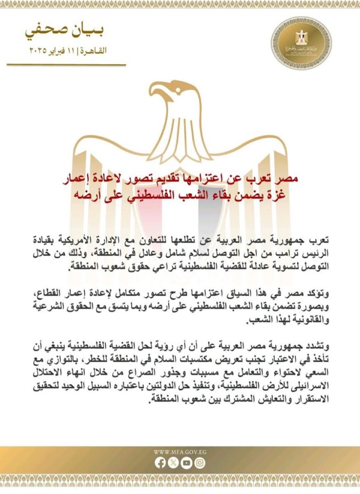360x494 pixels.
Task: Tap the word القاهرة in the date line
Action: tap(95, 51)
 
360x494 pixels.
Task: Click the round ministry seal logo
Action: tap(301, 43)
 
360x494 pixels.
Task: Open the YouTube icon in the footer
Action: tap(187, 463)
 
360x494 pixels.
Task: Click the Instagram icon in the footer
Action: tap(200, 463)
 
